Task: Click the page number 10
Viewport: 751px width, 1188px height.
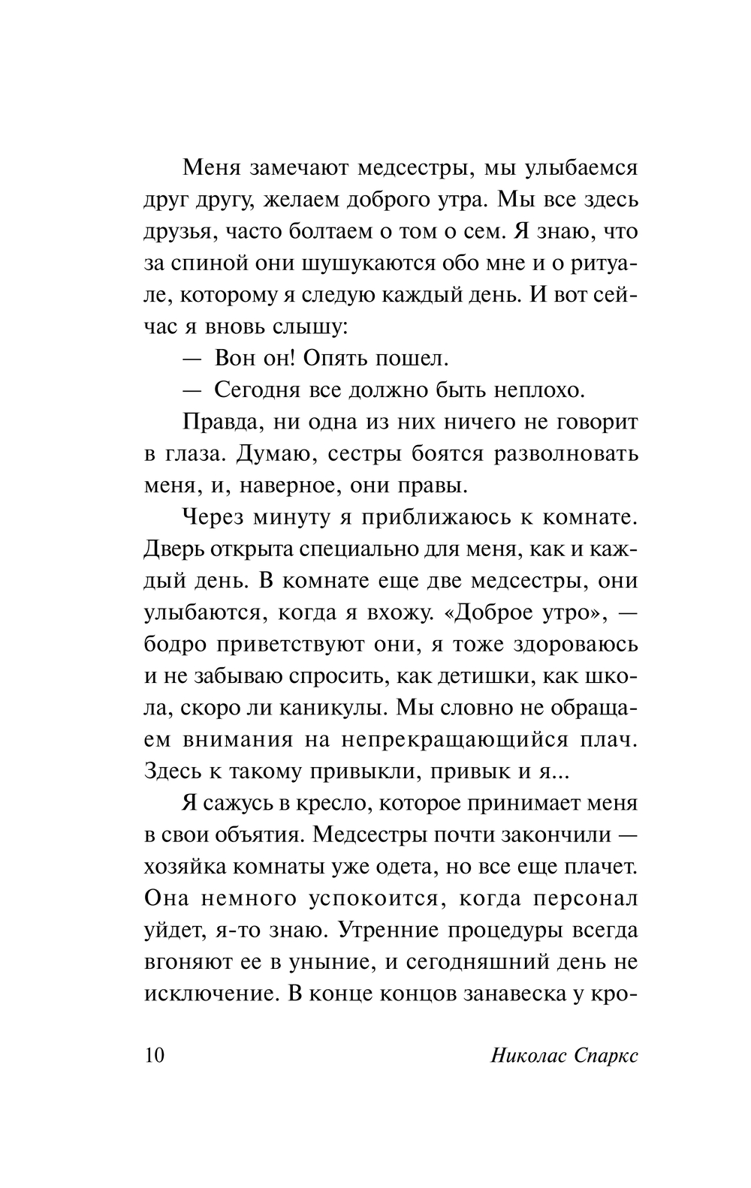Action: click(153, 1055)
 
